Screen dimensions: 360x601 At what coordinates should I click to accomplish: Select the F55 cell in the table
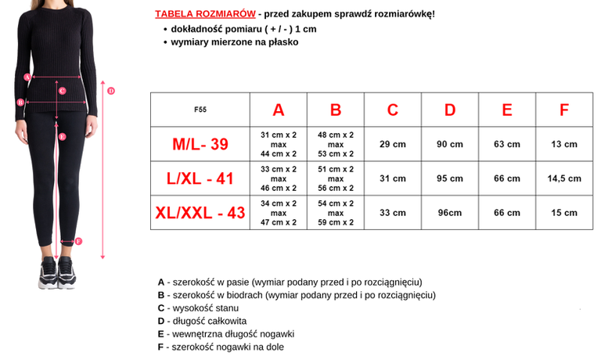coord(200,110)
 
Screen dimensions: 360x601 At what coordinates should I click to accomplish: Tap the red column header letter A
coord(279,110)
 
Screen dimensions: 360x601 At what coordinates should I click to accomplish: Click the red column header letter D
coord(450,110)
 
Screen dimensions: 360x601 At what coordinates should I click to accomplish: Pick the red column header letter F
coord(563,110)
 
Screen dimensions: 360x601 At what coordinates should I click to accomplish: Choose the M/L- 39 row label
coord(200,144)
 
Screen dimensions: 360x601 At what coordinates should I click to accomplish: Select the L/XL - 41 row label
coord(200,178)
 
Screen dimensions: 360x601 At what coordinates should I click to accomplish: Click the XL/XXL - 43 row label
coord(200,212)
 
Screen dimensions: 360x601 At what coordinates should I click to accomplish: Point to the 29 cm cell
coord(393,144)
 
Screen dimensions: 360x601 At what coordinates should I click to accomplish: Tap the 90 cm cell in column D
coord(450,144)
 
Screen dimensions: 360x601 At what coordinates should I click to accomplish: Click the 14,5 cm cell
coord(563,178)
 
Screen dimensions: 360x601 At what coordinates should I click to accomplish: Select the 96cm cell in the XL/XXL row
coord(450,212)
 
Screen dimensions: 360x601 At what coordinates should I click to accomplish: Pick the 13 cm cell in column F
coord(563,144)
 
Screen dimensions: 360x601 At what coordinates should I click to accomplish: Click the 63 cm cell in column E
coord(507,144)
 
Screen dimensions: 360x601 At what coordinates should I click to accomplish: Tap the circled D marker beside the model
coord(111,91)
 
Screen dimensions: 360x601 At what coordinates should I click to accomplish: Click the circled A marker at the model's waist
coord(27,77)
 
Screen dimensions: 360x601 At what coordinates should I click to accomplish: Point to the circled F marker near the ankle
coord(79,241)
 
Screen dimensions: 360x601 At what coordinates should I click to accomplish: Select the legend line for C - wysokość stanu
coord(200,308)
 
